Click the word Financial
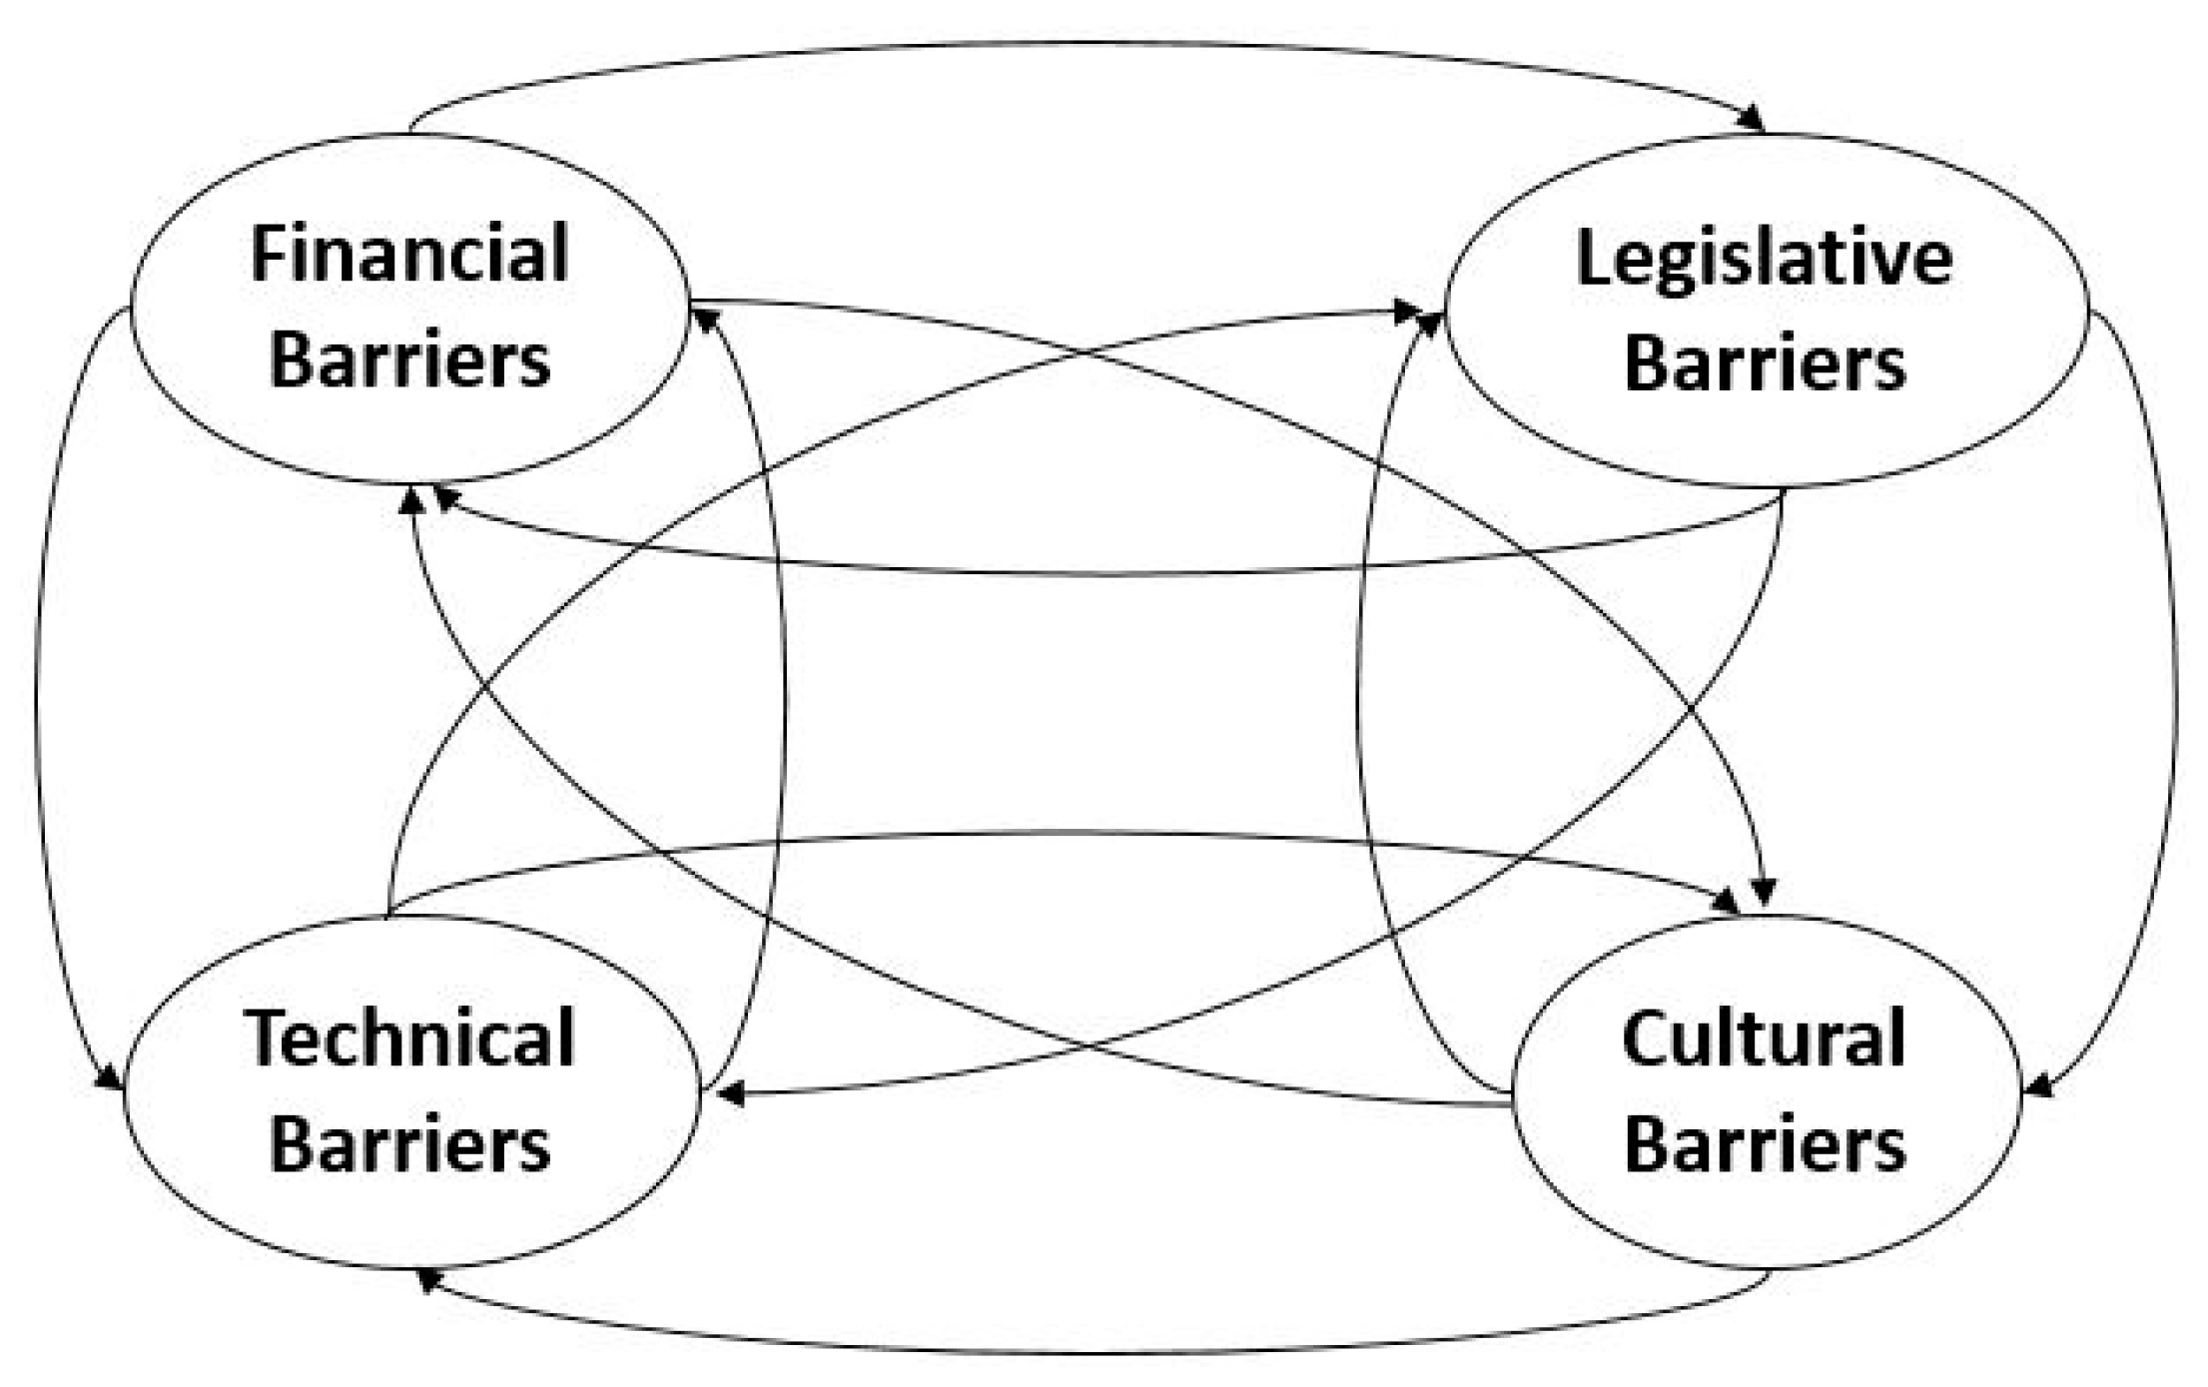(409, 255)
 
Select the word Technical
(409, 1039)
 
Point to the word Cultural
(1764, 1039)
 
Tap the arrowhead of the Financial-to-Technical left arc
(110, 1078)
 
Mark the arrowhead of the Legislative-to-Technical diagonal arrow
(731, 1095)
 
